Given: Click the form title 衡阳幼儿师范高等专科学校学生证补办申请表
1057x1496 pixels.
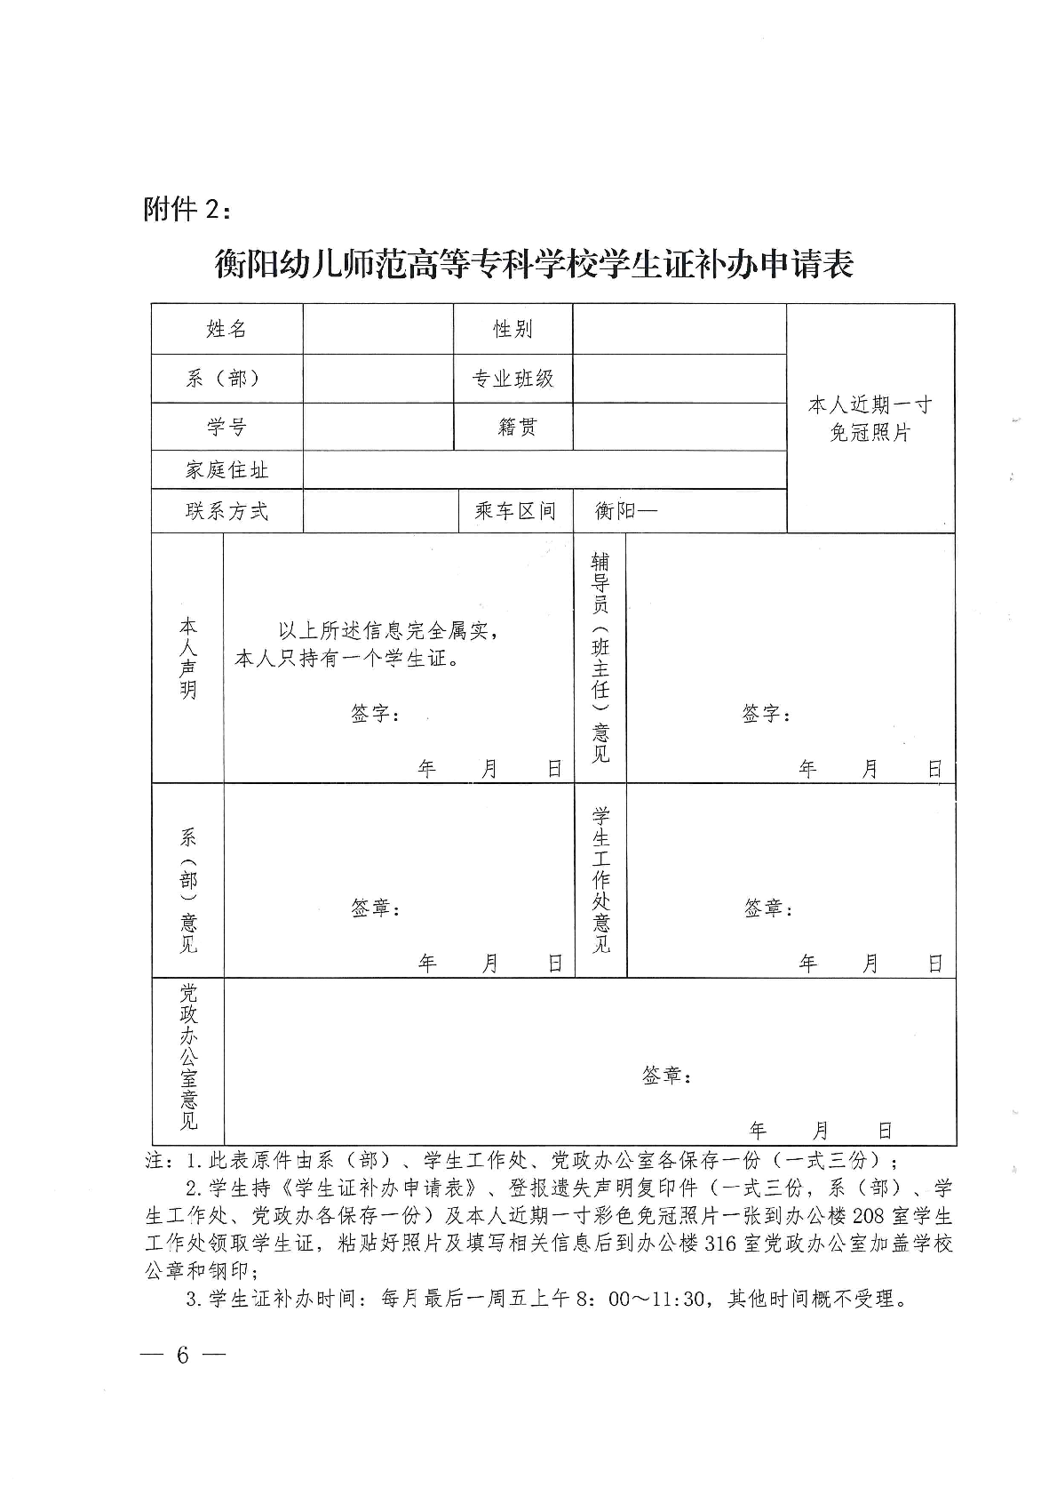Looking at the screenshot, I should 534,265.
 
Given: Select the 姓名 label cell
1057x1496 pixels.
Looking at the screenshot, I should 226,330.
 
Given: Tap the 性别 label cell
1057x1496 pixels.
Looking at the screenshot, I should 513,330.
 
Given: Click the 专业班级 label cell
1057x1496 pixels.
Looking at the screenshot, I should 513,379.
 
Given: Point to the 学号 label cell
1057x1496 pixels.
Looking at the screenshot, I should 226,427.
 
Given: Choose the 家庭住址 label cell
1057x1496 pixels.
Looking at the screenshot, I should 226,470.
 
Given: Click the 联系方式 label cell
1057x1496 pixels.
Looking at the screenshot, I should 226,511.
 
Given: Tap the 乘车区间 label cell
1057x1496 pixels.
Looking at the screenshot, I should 515,511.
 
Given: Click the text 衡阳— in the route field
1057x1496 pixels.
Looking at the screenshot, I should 625,511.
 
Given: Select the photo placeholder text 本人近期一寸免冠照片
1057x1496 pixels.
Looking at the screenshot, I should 870,420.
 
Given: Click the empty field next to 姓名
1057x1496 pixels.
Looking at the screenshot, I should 377,330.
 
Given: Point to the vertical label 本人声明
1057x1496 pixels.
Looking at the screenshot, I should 188,658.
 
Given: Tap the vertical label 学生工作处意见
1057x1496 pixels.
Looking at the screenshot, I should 601,880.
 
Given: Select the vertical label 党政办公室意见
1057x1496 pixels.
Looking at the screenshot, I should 188,1058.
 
